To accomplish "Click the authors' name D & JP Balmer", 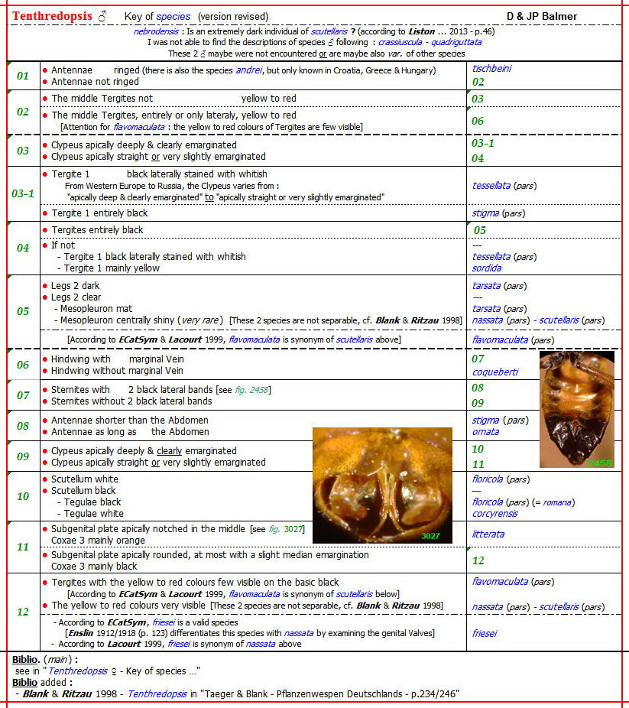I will point(541,16).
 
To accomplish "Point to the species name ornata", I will point(485,431).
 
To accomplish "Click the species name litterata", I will point(488,534).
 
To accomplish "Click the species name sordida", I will point(487,268).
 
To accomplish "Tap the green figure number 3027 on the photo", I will point(431,536).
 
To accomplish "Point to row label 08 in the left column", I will point(23,426).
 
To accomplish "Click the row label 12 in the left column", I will point(23,611).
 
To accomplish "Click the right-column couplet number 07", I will point(478,359).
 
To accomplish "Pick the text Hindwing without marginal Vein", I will point(117,371).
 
